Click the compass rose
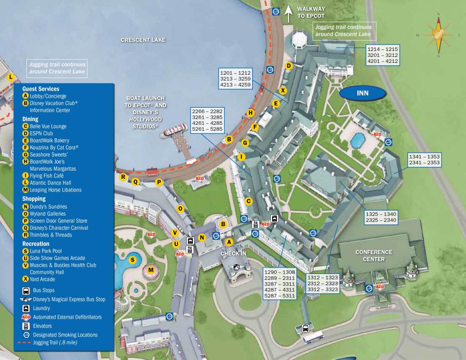(439, 35)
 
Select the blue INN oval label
(363, 93)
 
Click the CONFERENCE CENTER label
(374, 255)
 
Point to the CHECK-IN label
(233, 253)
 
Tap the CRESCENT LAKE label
(143, 40)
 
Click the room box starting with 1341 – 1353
(425, 159)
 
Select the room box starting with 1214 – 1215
(383, 55)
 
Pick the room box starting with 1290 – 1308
(279, 284)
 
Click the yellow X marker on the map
(283, 90)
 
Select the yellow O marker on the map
(180, 209)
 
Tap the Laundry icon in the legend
(26, 308)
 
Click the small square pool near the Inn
(358, 137)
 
